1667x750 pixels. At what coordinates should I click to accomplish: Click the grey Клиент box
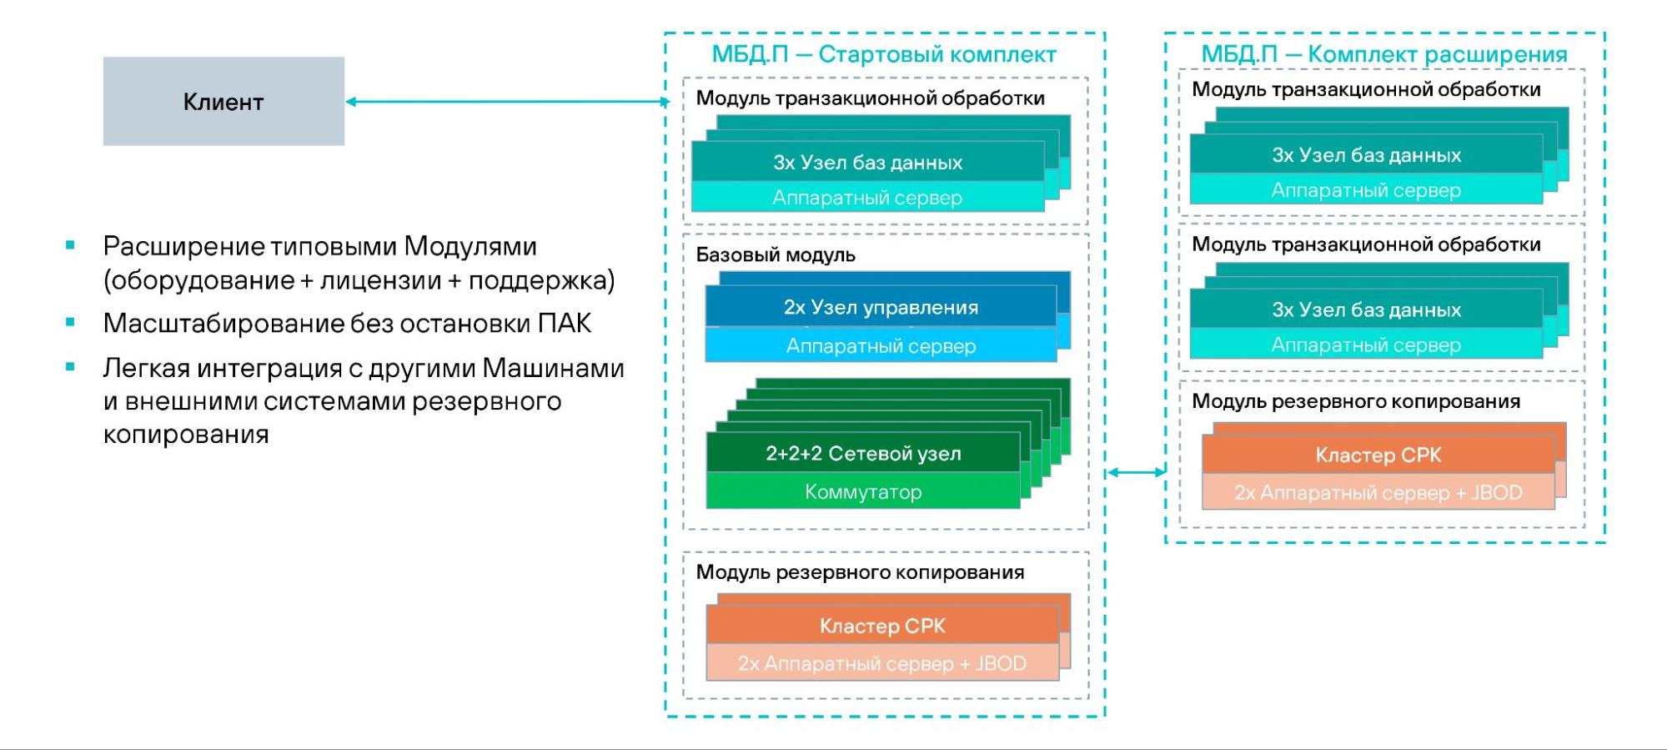(x=223, y=102)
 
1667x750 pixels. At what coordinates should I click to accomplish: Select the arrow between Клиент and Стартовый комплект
(x=507, y=102)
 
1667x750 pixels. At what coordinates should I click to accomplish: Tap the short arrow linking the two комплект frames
(x=1135, y=472)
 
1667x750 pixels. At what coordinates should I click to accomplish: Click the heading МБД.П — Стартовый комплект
(x=883, y=54)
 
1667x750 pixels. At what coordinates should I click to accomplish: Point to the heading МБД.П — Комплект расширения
(x=1383, y=54)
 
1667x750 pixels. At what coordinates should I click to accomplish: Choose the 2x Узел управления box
(x=881, y=307)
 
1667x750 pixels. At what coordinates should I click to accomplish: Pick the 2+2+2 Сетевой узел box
(x=863, y=453)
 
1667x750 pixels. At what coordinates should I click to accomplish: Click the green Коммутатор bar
(x=863, y=491)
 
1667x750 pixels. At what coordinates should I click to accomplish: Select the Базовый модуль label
(x=776, y=254)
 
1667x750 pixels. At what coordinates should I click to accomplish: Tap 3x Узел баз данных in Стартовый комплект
(x=867, y=162)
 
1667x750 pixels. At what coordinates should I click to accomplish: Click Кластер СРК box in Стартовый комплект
(x=882, y=626)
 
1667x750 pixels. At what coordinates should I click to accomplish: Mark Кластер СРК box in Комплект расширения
(x=1378, y=455)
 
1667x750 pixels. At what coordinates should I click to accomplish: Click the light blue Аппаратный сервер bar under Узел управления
(x=881, y=345)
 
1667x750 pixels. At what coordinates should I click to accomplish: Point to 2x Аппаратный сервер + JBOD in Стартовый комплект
(x=882, y=663)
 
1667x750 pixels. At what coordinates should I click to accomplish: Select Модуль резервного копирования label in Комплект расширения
(x=1356, y=401)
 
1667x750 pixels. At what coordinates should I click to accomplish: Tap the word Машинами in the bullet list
(x=554, y=367)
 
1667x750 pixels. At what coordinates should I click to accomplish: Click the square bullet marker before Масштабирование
(x=70, y=322)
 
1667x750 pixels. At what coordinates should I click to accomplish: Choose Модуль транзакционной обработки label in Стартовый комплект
(x=870, y=98)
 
